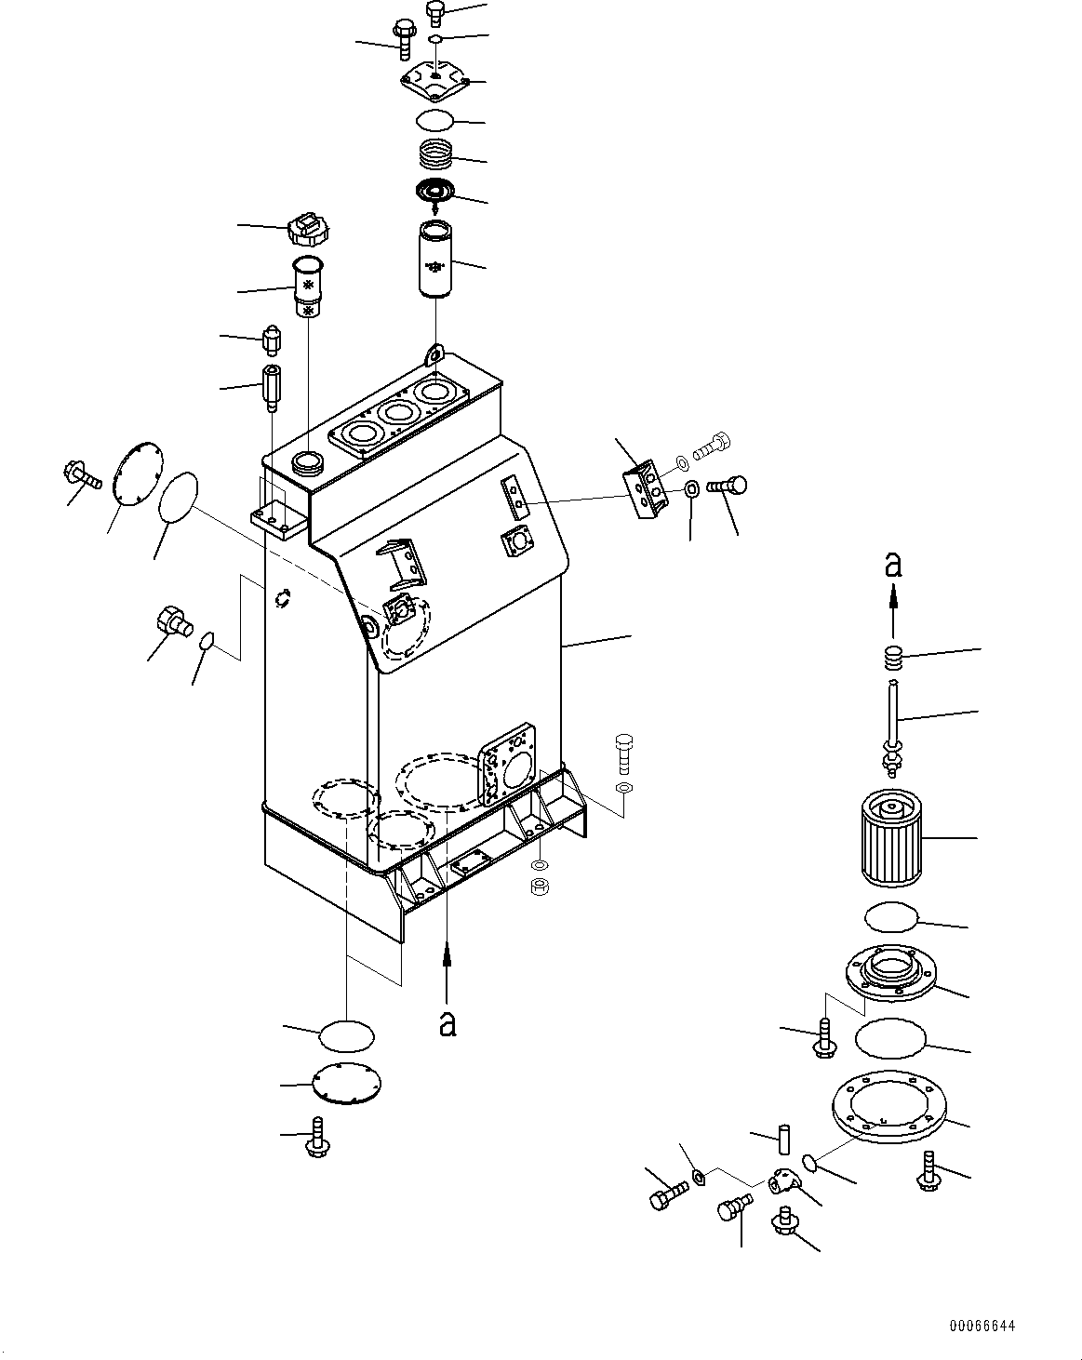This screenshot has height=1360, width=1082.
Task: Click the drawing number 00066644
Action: pos(982,1326)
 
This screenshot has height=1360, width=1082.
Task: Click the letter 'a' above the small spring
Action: pos(892,565)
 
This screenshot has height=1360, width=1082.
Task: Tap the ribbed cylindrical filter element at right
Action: pos(891,839)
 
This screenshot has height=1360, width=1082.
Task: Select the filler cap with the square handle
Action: pos(308,231)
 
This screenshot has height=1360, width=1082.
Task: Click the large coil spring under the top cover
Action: pos(436,153)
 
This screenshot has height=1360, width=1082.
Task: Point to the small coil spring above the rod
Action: pos(892,659)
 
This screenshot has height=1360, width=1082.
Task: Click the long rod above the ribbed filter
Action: pos(892,727)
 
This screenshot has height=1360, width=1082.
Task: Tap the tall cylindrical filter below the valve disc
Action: pos(435,260)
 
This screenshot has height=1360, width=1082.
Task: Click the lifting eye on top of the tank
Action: pos(434,354)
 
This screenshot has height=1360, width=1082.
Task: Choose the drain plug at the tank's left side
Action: pos(174,621)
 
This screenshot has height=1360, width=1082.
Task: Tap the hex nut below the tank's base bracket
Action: pos(540,886)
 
